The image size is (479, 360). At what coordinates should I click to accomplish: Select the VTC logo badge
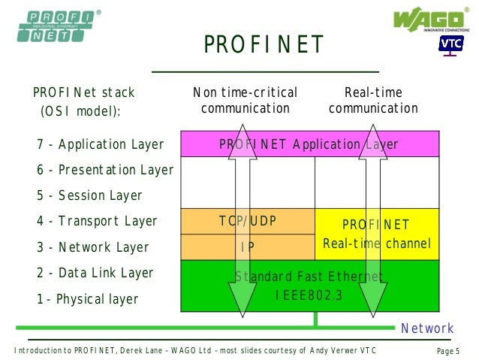coord(451,44)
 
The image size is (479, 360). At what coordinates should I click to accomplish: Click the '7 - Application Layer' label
coord(101,145)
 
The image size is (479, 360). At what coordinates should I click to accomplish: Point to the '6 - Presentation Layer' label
coord(105,171)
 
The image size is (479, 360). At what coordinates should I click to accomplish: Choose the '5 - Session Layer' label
coord(89,195)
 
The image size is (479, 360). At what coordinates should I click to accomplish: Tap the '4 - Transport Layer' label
coord(98,221)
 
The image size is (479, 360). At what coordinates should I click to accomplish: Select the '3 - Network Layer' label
coord(93,247)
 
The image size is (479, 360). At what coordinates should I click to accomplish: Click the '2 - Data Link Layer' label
coord(95,273)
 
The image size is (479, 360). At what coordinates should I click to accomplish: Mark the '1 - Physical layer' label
coord(88,299)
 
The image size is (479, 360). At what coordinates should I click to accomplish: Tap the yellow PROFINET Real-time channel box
coord(376,234)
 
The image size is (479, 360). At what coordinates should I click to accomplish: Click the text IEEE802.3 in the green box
coord(309,295)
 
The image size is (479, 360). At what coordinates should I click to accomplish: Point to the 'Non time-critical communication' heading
coord(246,101)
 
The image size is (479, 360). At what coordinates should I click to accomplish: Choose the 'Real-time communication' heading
coord(373,101)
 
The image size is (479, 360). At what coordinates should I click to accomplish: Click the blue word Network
coord(427,328)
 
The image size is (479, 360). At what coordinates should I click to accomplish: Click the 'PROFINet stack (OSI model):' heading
coord(83,101)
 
